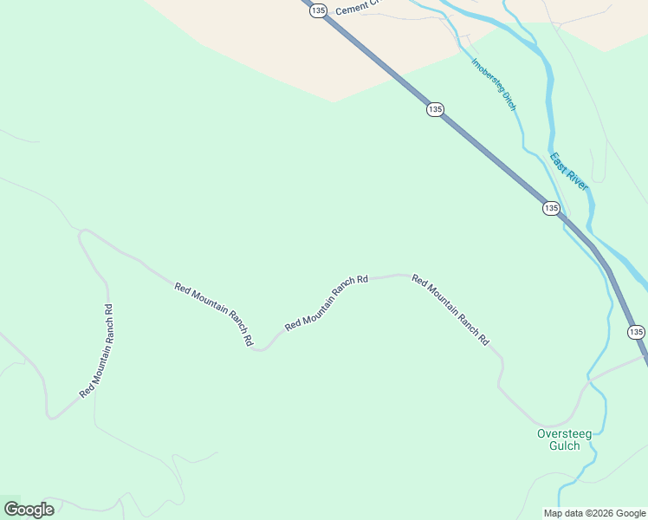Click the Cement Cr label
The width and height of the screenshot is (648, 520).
click(x=353, y=9)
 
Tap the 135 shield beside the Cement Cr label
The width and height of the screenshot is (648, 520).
click(x=318, y=10)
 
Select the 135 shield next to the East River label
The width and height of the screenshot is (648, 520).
click(x=551, y=208)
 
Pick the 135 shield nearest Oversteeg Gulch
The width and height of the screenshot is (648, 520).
click(x=636, y=332)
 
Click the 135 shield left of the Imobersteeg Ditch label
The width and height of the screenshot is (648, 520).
click(x=435, y=109)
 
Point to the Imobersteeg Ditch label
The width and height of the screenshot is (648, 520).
click(x=494, y=84)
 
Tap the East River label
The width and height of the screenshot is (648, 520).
click(x=569, y=171)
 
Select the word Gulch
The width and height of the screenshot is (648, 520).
click(x=564, y=446)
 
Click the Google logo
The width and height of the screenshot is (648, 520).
click(x=29, y=510)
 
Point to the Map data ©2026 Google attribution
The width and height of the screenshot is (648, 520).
click(x=594, y=513)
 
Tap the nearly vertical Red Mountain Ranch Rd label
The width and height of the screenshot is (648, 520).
click(x=96, y=350)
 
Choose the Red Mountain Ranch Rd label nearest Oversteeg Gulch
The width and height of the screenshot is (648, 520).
click(x=450, y=310)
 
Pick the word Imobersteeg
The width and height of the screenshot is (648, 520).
click(x=487, y=74)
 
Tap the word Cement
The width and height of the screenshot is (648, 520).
click(x=347, y=10)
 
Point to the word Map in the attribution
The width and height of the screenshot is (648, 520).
click(x=553, y=513)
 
